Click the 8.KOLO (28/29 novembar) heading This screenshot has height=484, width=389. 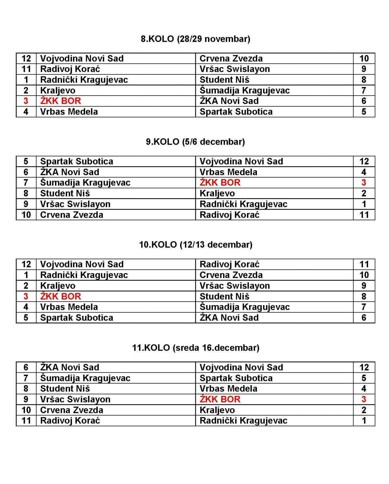(195, 39)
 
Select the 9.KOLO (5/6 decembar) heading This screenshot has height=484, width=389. (195, 142)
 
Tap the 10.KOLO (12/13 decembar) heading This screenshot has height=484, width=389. (196, 245)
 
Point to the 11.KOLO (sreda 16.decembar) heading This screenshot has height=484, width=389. (196, 348)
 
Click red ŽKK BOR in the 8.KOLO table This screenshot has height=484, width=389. (60, 101)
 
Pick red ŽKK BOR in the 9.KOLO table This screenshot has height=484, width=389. (220, 183)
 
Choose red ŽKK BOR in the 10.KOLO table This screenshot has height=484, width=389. (60, 296)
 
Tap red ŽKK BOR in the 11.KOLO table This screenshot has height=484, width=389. (220, 399)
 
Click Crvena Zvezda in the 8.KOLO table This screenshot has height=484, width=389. (231, 59)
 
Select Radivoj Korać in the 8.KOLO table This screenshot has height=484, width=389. (70, 69)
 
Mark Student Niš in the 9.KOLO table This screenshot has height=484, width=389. (65, 193)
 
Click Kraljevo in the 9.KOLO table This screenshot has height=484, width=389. (217, 193)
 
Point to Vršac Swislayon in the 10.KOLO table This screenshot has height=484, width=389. (235, 286)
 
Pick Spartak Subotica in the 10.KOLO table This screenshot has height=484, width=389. (76, 318)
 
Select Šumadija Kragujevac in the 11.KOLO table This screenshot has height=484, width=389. (85, 378)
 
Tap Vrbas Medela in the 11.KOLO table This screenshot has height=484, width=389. (228, 389)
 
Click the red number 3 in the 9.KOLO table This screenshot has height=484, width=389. (364, 183)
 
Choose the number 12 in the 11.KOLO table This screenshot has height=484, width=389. (364, 368)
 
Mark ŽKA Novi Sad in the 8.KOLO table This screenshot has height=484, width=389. (229, 101)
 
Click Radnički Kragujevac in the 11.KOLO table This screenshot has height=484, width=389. (243, 421)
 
